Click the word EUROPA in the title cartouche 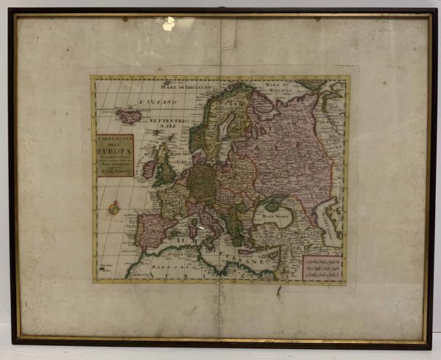[x=112, y=153]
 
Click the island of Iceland [x=129, y=116]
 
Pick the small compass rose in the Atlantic [x=114, y=208]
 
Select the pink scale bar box [x=323, y=267]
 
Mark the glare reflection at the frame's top [x=169, y=24]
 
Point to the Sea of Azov [x=289, y=208]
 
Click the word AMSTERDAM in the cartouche [x=112, y=167]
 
